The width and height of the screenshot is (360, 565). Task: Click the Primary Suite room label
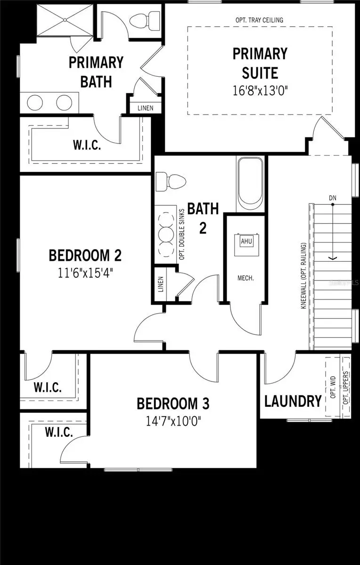[x=259, y=63]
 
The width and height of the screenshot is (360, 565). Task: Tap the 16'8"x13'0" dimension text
[x=260, y=90]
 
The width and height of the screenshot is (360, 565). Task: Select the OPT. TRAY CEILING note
[x=259, y=20]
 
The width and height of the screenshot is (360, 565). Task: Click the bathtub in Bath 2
[x=251, y=185]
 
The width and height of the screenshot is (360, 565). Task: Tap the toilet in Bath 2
[x=170, y=181]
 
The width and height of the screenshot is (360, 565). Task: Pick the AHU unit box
[x=246, y=242]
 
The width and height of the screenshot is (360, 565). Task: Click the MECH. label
[x=245, y=278]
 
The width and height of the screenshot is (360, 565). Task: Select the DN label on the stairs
[x=333, y=198]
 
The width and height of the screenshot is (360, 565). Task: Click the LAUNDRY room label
[x=293, y=402]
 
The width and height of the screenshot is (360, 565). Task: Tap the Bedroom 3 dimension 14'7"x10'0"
[x=172, y=420]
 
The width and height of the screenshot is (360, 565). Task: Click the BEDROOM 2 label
[x=85, y=256]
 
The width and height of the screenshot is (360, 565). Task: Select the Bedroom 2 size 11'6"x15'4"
[x=85, y=272]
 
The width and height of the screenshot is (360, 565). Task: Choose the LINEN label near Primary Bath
[x=145, y=108]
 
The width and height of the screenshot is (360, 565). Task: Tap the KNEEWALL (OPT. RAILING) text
[x=303, y=276]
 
